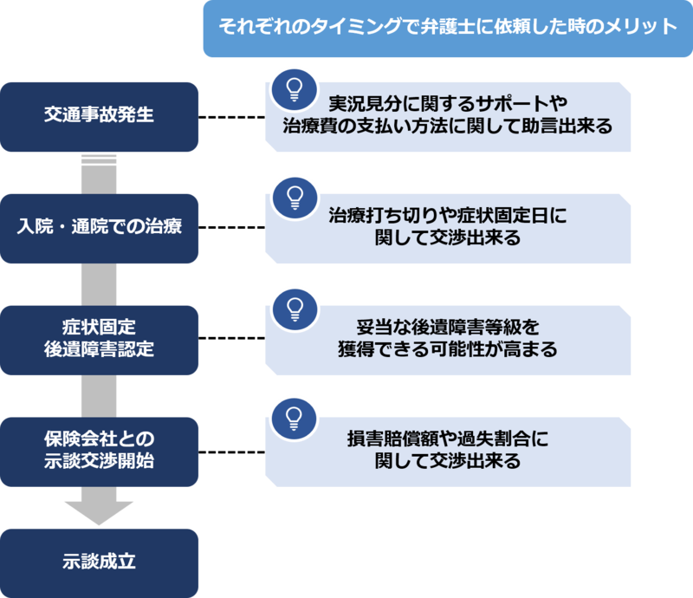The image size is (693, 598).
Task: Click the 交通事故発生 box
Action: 99,115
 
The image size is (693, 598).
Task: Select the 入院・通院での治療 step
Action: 99,228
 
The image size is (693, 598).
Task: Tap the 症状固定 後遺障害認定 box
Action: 99,339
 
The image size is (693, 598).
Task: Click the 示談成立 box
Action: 99,561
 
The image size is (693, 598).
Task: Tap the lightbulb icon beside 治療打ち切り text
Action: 294,197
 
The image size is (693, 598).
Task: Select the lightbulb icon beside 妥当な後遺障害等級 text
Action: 294,309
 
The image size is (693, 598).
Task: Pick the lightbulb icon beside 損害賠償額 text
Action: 294,419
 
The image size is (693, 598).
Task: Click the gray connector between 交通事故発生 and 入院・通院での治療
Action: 99,172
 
